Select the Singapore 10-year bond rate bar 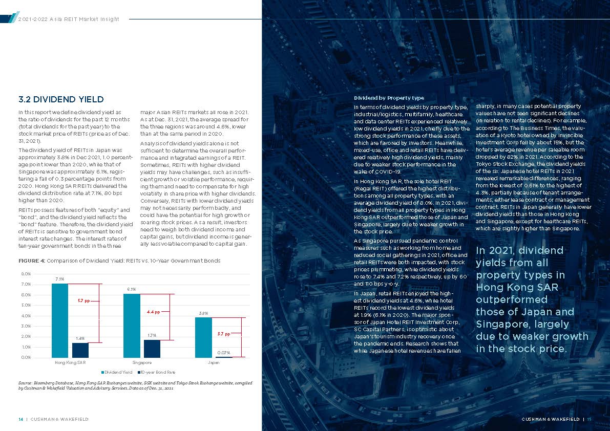tap(152, 349)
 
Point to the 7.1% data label tap(60, 279)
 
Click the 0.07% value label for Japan tap(223, 353)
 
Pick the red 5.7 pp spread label tap(84, 301)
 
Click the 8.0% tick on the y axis tap(24, 274)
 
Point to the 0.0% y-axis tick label tap(24, 357)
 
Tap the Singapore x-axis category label tap(142, 362)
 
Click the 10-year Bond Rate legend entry tap(158, 372)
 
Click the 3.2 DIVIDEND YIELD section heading tap(61, 99)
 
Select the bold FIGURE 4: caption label tap(32, 261)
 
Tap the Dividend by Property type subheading tap(389, 98)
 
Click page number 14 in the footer tap(21, 419)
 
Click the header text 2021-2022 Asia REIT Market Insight tap(68, 19)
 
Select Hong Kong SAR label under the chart tap(70, 362)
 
